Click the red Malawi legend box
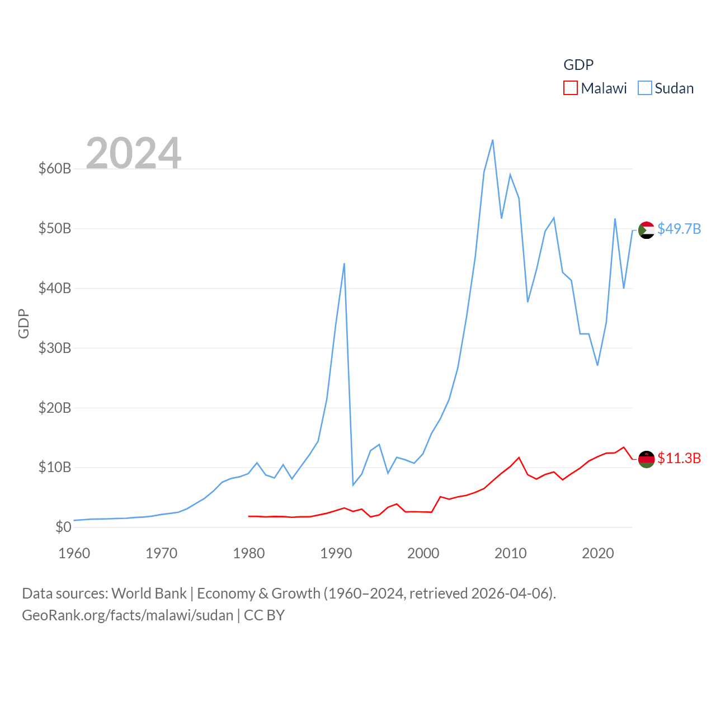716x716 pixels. (x=570, y=88)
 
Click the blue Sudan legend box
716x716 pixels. (x=645, y=88)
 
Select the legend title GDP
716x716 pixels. (x=578, y=65)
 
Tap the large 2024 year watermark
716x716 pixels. (x=134, y=153)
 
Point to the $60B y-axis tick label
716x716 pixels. (x=55, y=168)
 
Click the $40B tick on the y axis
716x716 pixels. (x=55, y=288)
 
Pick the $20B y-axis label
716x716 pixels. (x=55, y=408)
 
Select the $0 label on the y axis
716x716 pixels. (x=63, y=527)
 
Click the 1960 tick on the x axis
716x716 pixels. (x=74, y=553)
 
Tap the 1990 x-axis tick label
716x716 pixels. (x=336, y=553)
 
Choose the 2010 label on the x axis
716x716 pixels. (x=511, y=553)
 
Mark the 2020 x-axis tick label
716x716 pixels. (x=598, y=553)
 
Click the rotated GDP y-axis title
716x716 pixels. (x=23, y=323)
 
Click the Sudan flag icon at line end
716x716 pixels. (x=647, y=230)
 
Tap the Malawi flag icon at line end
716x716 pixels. (x=647, y=459)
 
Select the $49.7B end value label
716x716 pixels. (x=679, y=229)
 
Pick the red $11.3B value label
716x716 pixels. (x=679, y=458)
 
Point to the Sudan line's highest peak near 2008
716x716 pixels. (x=492, y=140)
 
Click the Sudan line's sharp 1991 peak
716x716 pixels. (x=344, y=263)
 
